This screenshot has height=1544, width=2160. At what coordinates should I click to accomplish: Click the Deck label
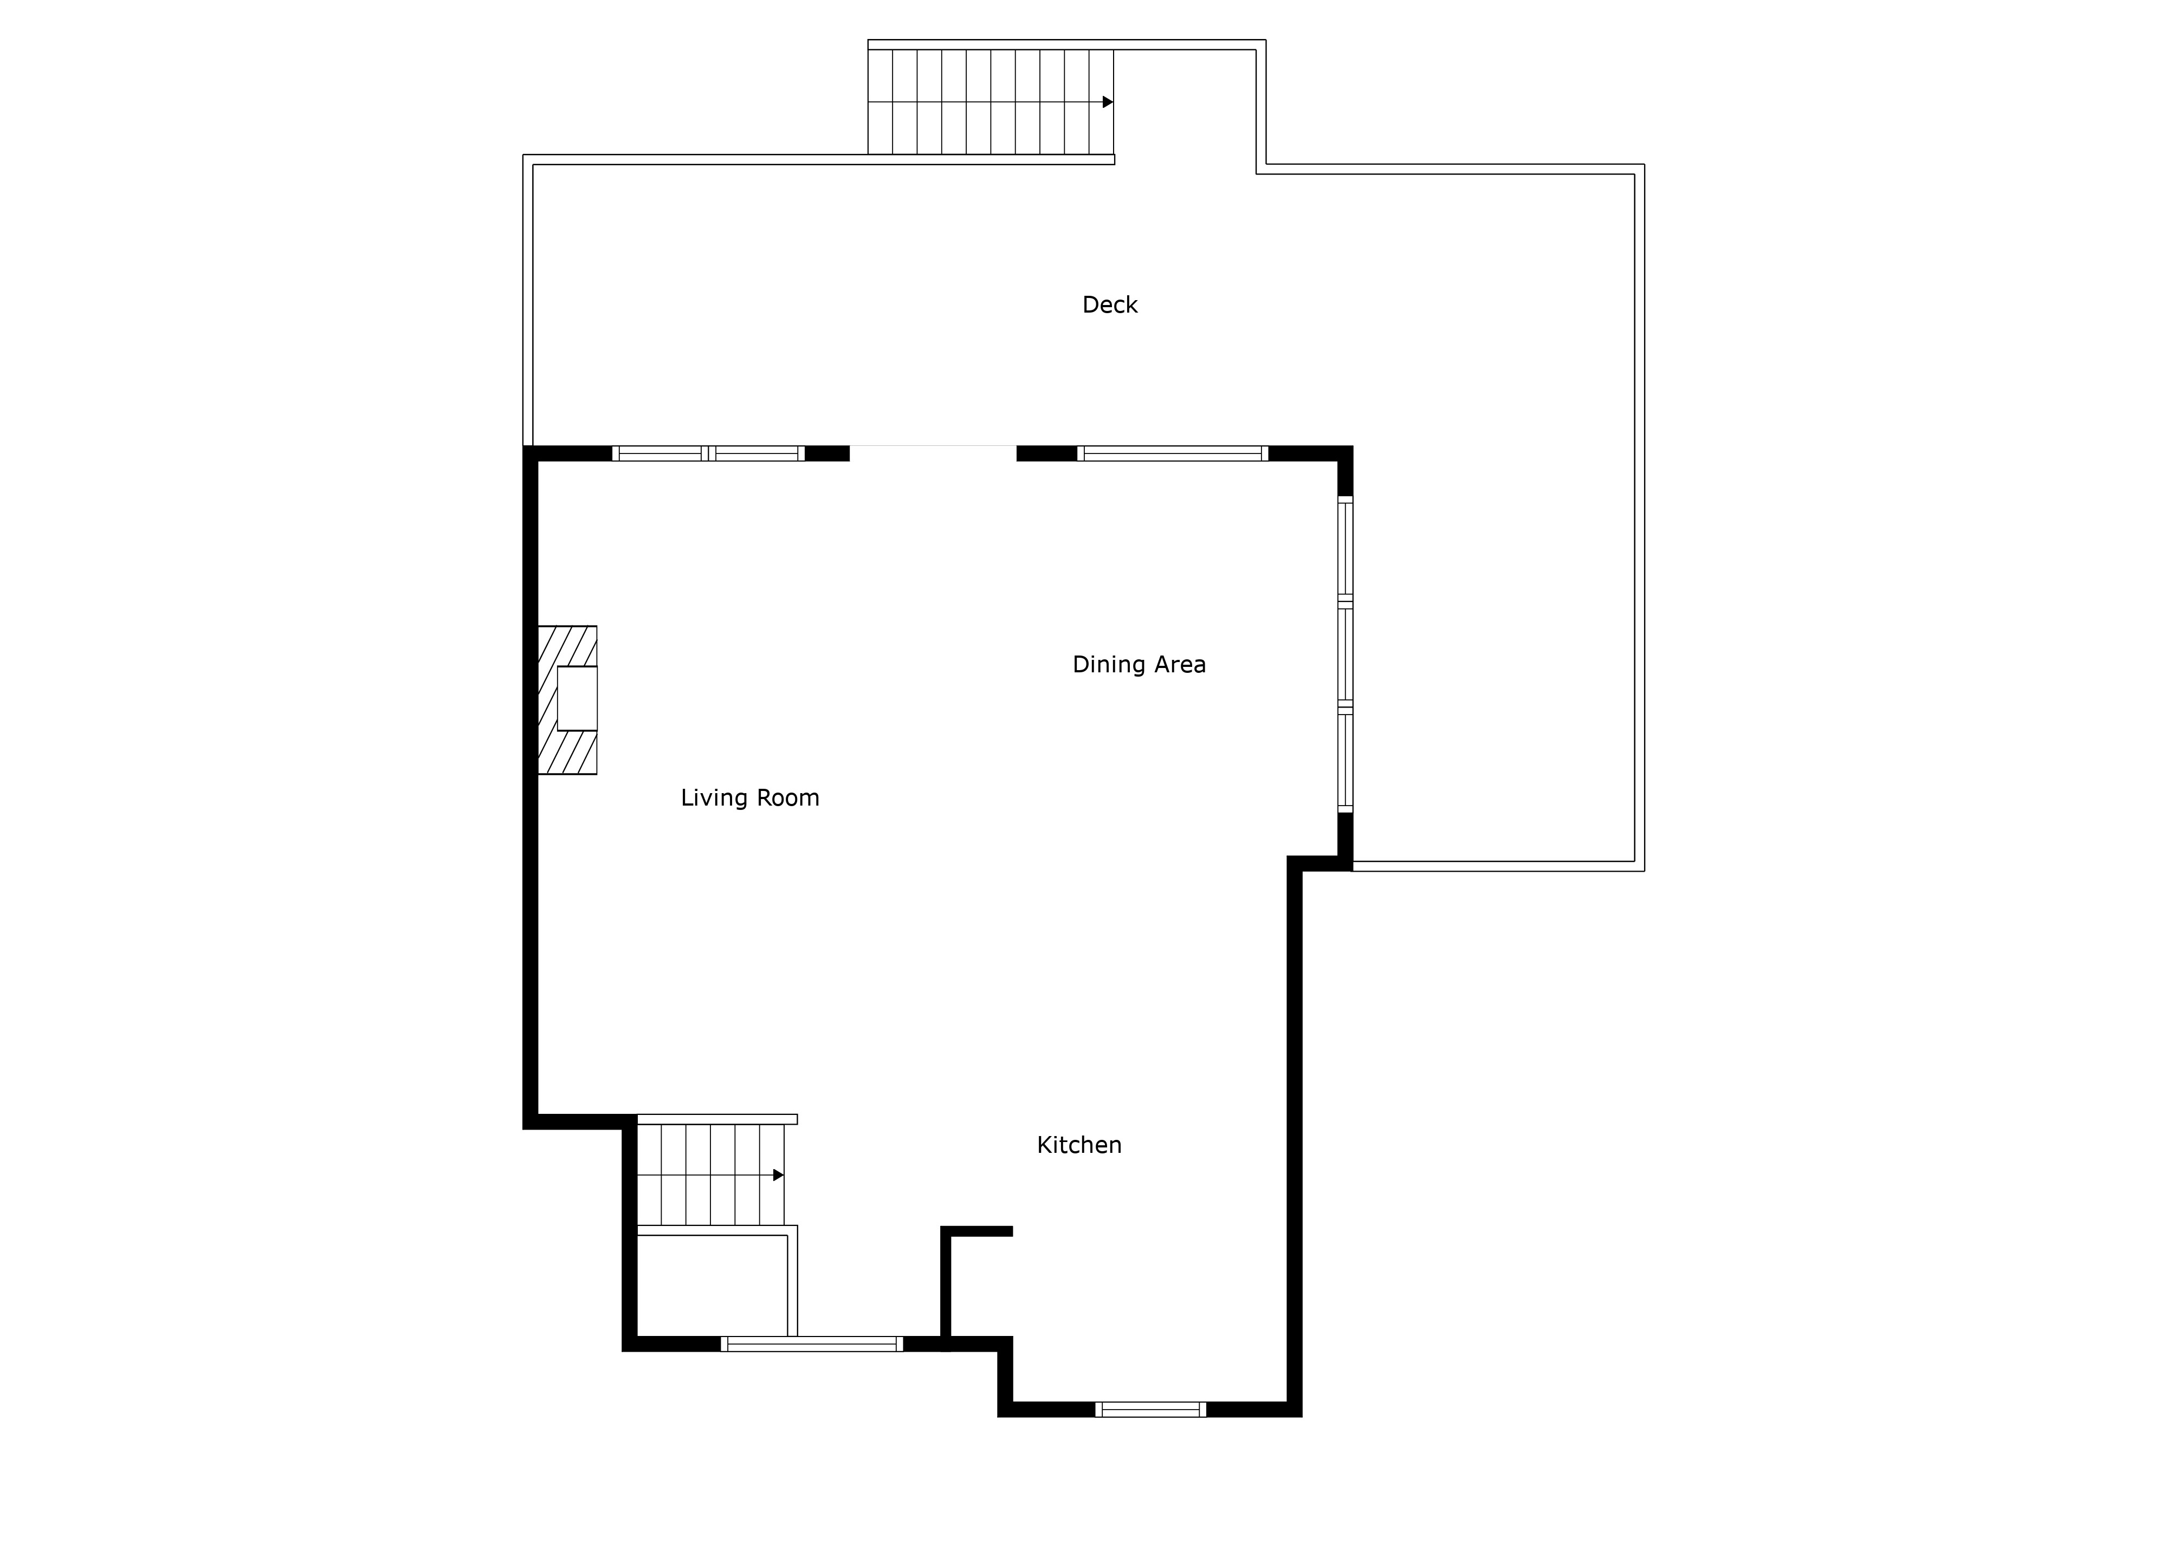coord(1109,304)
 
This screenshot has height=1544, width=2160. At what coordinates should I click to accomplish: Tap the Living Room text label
coord(749,797)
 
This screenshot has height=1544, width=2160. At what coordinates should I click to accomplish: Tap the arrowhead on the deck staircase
coord(1108,102)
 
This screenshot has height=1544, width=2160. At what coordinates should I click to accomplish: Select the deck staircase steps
coord(989,102)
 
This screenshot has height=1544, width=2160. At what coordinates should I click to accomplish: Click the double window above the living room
coord(708,453)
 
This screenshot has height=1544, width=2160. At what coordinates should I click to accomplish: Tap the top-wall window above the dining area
coord(1172,453)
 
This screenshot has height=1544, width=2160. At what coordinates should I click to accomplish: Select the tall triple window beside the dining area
coord(1345,654)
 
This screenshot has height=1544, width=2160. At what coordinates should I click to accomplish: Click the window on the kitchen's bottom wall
coord(1150,1409)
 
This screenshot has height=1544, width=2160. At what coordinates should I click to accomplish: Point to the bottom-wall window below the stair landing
coord(811,1344)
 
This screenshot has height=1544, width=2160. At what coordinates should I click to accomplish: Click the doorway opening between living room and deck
coord(933,449)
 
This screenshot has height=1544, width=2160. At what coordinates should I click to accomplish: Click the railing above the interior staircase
coord(717,1119)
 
